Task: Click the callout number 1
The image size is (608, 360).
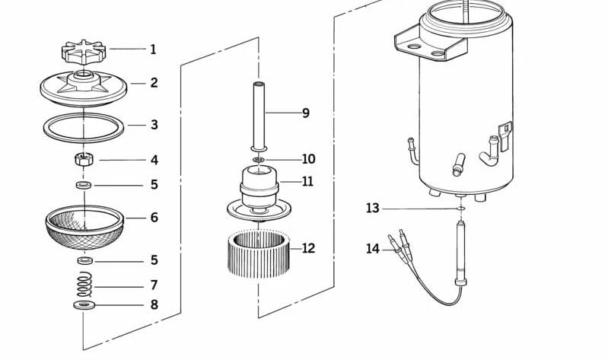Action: click(x=153, y=49)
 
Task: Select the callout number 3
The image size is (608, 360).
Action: click(x=154, y=125)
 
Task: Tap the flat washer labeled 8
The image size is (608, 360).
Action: click(x=82, y=305)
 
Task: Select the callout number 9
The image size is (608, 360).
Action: click(x=305, y=113)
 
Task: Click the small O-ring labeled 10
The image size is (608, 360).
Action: click(x=259, y=160)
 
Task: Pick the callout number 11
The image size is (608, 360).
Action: click(x=307, y=182)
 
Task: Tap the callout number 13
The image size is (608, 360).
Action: click(x=372, y=208)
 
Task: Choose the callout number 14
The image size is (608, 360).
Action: click(x=372, y=248)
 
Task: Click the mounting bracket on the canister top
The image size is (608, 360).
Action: click(x=430, y=46)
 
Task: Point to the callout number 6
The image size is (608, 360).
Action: click(x=154, y=218)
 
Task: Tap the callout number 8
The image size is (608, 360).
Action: click(x=154, y=305)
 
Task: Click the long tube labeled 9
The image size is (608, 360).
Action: click(x=259, y=114)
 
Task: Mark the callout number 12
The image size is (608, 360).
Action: click(x=307, y=248)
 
